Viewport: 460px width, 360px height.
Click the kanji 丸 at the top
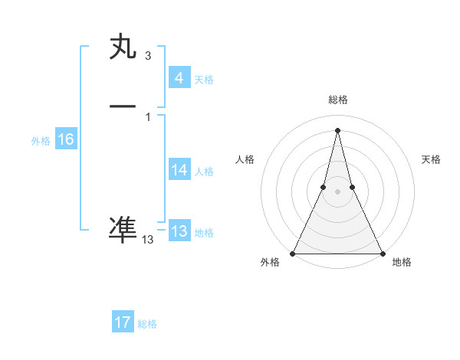point(123,47)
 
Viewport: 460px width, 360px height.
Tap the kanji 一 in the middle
point(123,106)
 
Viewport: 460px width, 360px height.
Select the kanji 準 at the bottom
point(123,230)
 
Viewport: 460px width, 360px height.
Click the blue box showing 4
point(179,78)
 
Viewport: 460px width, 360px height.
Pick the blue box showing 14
point(179,170)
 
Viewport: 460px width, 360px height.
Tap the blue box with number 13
point(179,231)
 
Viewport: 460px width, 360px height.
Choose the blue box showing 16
point(65,139)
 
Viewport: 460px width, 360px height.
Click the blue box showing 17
point(123,322)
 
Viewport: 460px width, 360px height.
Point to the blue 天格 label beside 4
point(204,80)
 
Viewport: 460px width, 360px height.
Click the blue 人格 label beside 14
point(204,172)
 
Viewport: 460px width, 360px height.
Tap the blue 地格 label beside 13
point(204,233)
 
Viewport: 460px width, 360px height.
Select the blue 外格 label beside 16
point(41,141)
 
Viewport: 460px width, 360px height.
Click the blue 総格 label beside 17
point(147,324)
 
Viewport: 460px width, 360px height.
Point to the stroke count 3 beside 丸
point(147,56)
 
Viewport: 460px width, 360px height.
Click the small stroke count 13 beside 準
point(147,240)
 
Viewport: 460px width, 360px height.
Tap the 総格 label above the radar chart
point(337,100)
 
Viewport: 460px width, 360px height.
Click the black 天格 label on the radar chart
point(432,159)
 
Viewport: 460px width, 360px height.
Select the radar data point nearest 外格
point(293,253)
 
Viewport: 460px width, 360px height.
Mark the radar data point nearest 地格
point(382,253)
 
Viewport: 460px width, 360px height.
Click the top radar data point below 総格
point(337,129)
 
